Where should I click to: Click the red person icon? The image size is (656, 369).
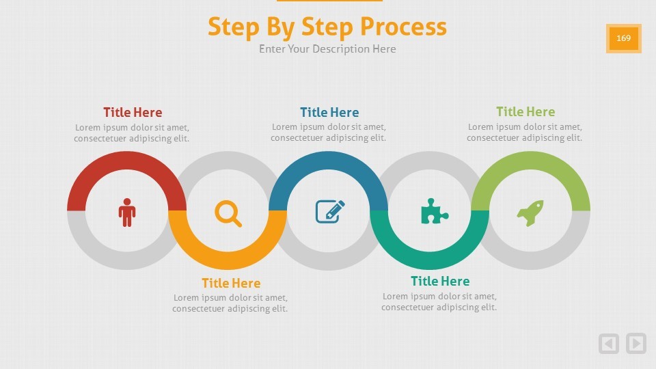(x=127, y=213)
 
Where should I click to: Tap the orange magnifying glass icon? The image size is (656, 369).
(x=228, y=213)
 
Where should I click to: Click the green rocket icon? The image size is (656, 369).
(x=530, y=213)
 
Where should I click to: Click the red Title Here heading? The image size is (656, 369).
(x=133, y=112)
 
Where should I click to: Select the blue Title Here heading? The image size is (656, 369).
(x=329, y=112)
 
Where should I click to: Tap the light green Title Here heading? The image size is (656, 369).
(x=525, y=111)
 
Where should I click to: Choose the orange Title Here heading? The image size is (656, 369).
(x=231, y=283)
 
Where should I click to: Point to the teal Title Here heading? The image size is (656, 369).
(x=440, y=281)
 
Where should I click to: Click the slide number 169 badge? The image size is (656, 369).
(x=624, y=38)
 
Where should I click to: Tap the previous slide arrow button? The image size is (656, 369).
(x=609, y=343)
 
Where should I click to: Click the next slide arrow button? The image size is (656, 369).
(x=636, y=343)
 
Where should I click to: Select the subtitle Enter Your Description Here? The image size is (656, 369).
(x=327, y=49)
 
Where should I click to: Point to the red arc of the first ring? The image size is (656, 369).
(x=126, y=161)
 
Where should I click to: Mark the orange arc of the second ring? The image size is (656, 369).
(x=228, y=260)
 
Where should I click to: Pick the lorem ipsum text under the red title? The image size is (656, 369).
(x=132, y=133)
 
